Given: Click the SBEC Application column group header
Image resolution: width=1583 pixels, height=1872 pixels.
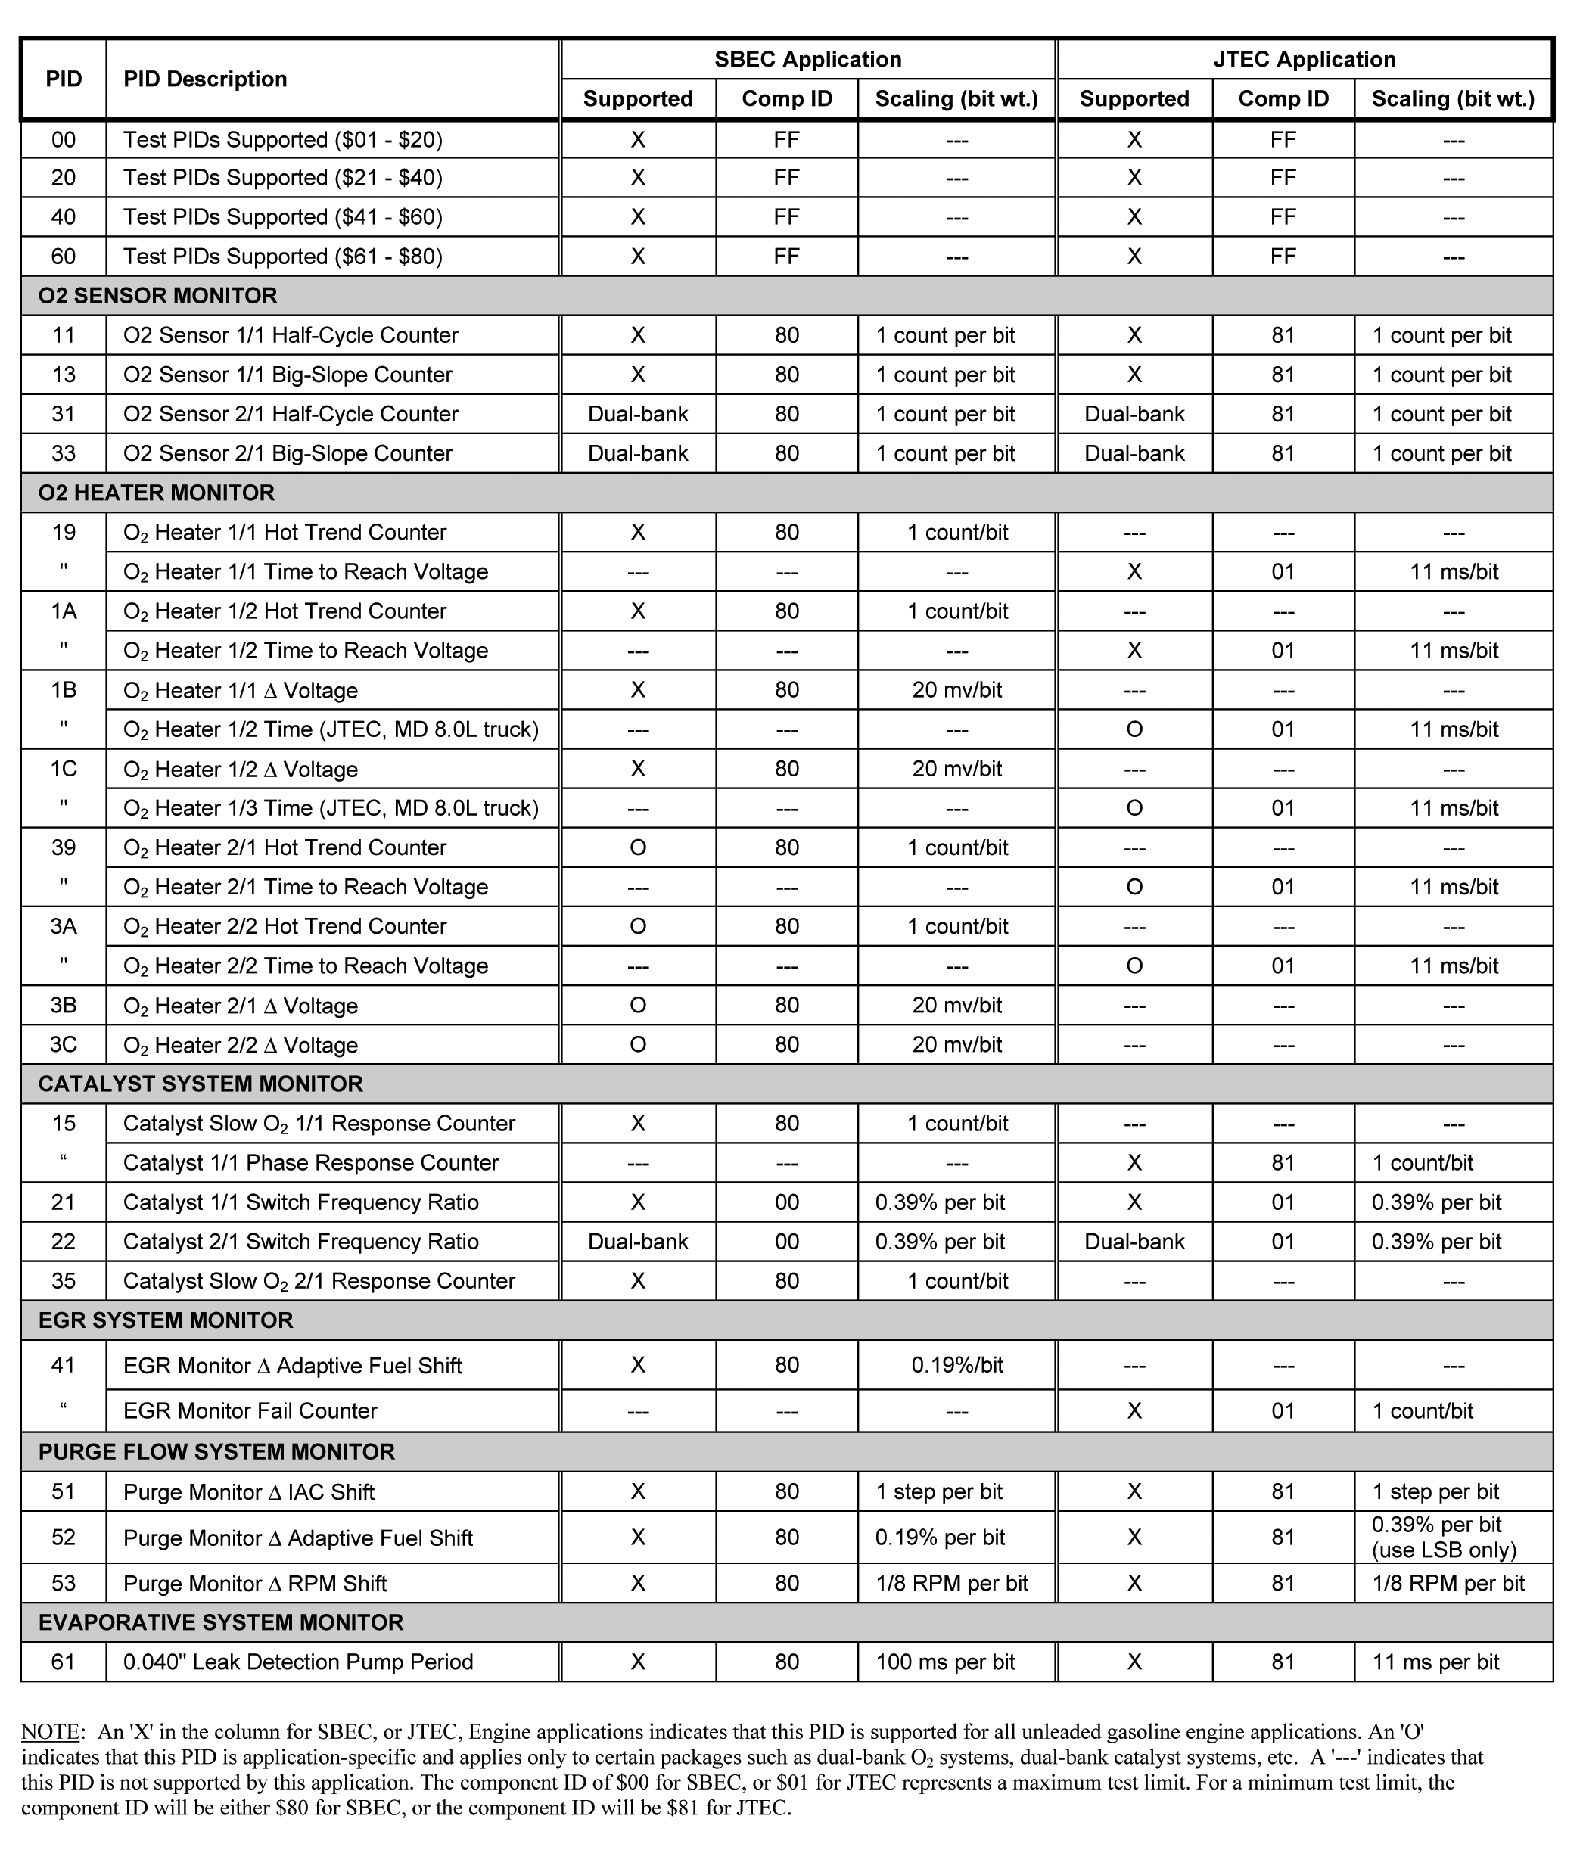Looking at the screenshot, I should coord(807,59).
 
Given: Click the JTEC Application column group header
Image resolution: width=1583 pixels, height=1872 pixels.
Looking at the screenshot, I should coord(1304,59).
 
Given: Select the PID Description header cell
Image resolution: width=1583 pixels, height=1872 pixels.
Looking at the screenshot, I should coord(206,79).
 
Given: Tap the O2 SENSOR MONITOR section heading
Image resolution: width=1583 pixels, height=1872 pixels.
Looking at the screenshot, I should coord(158,295).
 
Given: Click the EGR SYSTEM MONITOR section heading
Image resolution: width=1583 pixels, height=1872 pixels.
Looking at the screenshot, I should coord(165,1320).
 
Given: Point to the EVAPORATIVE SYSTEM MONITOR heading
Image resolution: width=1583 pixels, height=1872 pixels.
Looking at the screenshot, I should coord(221,1622).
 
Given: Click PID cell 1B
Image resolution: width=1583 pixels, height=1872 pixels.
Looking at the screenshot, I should coord(63,690).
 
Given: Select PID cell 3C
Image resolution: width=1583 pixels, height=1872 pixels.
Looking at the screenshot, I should coord(63,1045).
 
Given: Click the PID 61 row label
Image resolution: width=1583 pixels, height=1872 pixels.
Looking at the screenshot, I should coord(63,1661).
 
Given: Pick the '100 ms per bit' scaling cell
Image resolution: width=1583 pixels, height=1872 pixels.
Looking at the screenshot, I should coord(945,1661).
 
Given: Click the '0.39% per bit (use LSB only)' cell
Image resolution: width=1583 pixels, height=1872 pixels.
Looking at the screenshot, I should coord(1444,1538).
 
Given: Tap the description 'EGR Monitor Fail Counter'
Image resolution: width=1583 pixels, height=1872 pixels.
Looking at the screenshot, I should coord(250,1410).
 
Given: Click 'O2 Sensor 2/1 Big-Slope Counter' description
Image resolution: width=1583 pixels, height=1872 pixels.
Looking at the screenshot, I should coord(288,453).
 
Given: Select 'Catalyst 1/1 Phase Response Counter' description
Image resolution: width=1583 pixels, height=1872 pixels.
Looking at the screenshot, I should coord(310,1163).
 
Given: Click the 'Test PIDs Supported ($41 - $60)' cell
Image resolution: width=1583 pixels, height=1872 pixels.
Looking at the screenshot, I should coord(283,217).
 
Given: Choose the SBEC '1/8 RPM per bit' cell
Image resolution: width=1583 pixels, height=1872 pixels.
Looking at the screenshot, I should coord(951,1583).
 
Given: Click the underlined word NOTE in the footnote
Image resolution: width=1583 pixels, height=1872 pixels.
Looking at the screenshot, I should coord(52,1732).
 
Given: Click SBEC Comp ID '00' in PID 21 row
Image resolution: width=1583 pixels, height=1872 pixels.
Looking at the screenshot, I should coord(786,1202).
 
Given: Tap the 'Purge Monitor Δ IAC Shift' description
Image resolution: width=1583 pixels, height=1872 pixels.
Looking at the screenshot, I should coord(249,1491).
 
